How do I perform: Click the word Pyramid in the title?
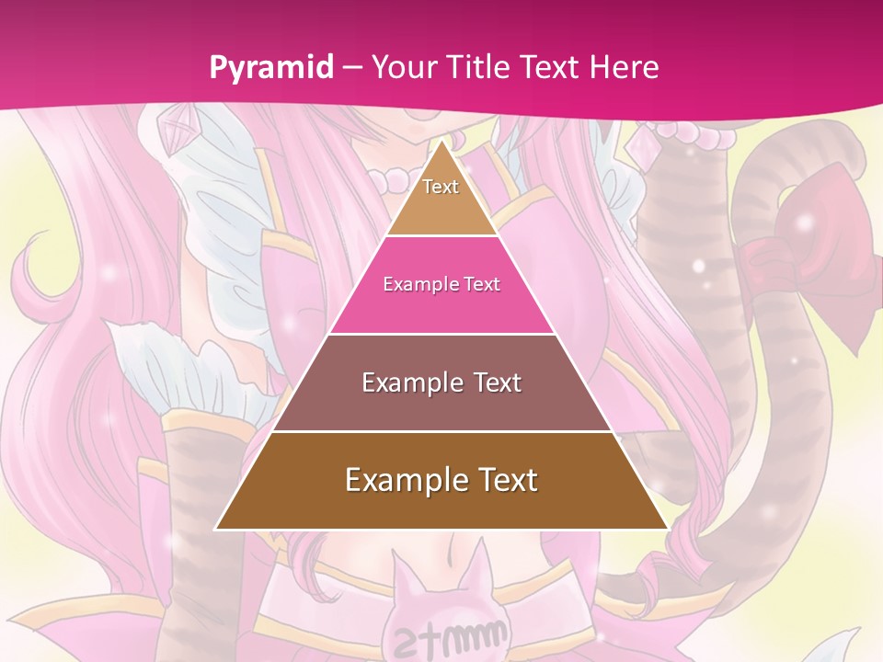pos(270,67)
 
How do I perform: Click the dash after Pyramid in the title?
pos(352,68)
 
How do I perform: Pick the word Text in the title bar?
pos(552,67)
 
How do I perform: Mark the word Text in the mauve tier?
pos(491,382)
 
